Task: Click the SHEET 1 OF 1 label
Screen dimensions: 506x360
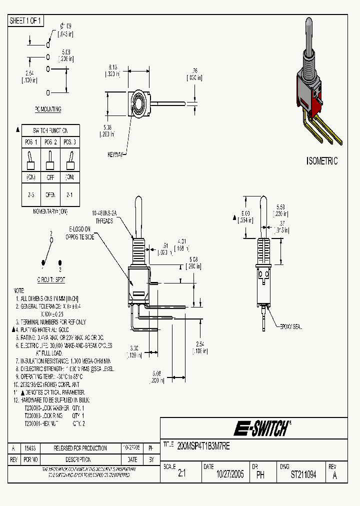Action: click(26, 21)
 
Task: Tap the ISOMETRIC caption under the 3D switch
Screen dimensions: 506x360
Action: click(321, 161)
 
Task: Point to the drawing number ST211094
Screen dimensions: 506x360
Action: click(303, 475)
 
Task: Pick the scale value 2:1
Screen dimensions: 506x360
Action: click(181, 475)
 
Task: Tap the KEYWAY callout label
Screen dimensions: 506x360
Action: click(115, 155)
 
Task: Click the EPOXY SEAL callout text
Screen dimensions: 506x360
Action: click(291, 326)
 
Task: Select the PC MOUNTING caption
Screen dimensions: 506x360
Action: click(48, 109)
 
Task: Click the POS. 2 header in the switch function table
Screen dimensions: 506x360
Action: click(50, 142)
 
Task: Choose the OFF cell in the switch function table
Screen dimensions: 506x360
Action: click(50, 177)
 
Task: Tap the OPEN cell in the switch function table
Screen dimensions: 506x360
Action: click(50, 195)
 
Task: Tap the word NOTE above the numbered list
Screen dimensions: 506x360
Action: click(18, 290)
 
